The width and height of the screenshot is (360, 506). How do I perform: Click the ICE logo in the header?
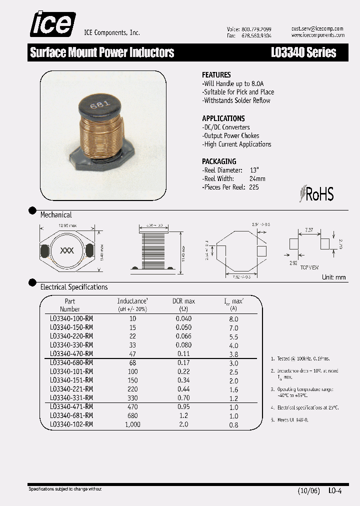click(x=52, y=24)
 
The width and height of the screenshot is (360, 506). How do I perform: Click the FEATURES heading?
click(x=216, y=74)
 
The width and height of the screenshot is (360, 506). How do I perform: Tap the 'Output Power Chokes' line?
click(x=231, y=135)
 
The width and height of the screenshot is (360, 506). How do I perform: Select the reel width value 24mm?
click(x=257, y=178)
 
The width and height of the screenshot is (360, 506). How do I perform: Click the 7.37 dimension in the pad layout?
click(x=309, y=230)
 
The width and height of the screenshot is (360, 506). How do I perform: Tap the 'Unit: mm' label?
click(x=334, y=277)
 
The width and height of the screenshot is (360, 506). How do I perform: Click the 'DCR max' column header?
click(x=183, y=301)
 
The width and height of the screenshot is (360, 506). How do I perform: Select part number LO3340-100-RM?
click(x=71, y=318)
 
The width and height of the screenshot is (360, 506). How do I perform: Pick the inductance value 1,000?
click(x=132, y=424)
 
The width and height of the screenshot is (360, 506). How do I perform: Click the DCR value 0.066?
click(x=183, y=336)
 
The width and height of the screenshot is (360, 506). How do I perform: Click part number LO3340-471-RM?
click(x=71, y=407)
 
